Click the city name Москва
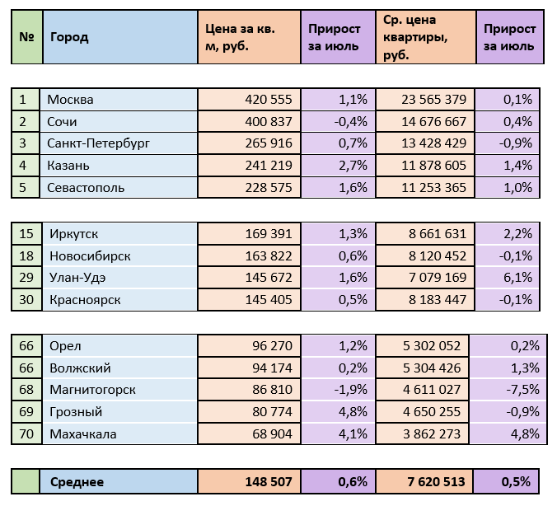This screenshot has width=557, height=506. pyautogui.click(x=71, y=100)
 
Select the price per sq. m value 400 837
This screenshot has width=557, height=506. pyautogui.click(x=269, y=121)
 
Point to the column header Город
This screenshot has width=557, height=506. pyautogui.click(x=69, y=37)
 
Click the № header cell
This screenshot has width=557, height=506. pyautogui.click(x=26, y=37)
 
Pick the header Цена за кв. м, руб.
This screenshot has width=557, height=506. pyautogui.click(x=241, y=38)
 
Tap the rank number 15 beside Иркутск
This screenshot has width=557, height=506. pyautogui.click(x=26, y=234)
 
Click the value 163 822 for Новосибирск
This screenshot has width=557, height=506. pyautogui.click(x=269, y=256)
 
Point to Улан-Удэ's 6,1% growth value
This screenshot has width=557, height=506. pyautogui.click(x=517, y=278)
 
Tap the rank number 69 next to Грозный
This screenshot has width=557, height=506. pyautogui.click(x=26, y=412)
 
